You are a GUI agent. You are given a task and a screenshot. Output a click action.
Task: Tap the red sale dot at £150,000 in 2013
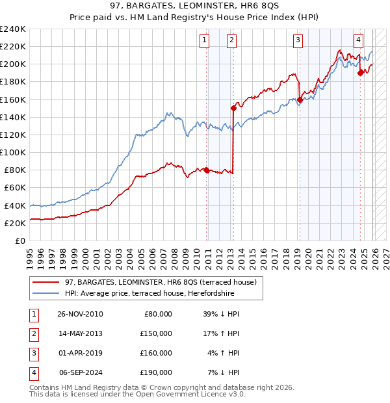pyautogui.click(x=233, y=108)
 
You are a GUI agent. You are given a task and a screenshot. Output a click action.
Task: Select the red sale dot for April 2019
pyautogui.click(x=300, y=99)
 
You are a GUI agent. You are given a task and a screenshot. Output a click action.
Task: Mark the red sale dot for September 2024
pyautogui.click(x=360, y=73)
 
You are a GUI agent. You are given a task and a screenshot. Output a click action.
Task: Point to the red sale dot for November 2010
pyautogui.click(x=206, y=170)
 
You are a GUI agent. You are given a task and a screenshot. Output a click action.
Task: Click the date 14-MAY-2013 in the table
pyautogui.click(x=81, y=333)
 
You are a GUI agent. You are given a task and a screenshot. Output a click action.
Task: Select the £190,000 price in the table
pyautogui.click(x=156, y=372)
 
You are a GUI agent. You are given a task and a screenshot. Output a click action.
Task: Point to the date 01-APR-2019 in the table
pyautogui.click(x=81, y=353)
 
